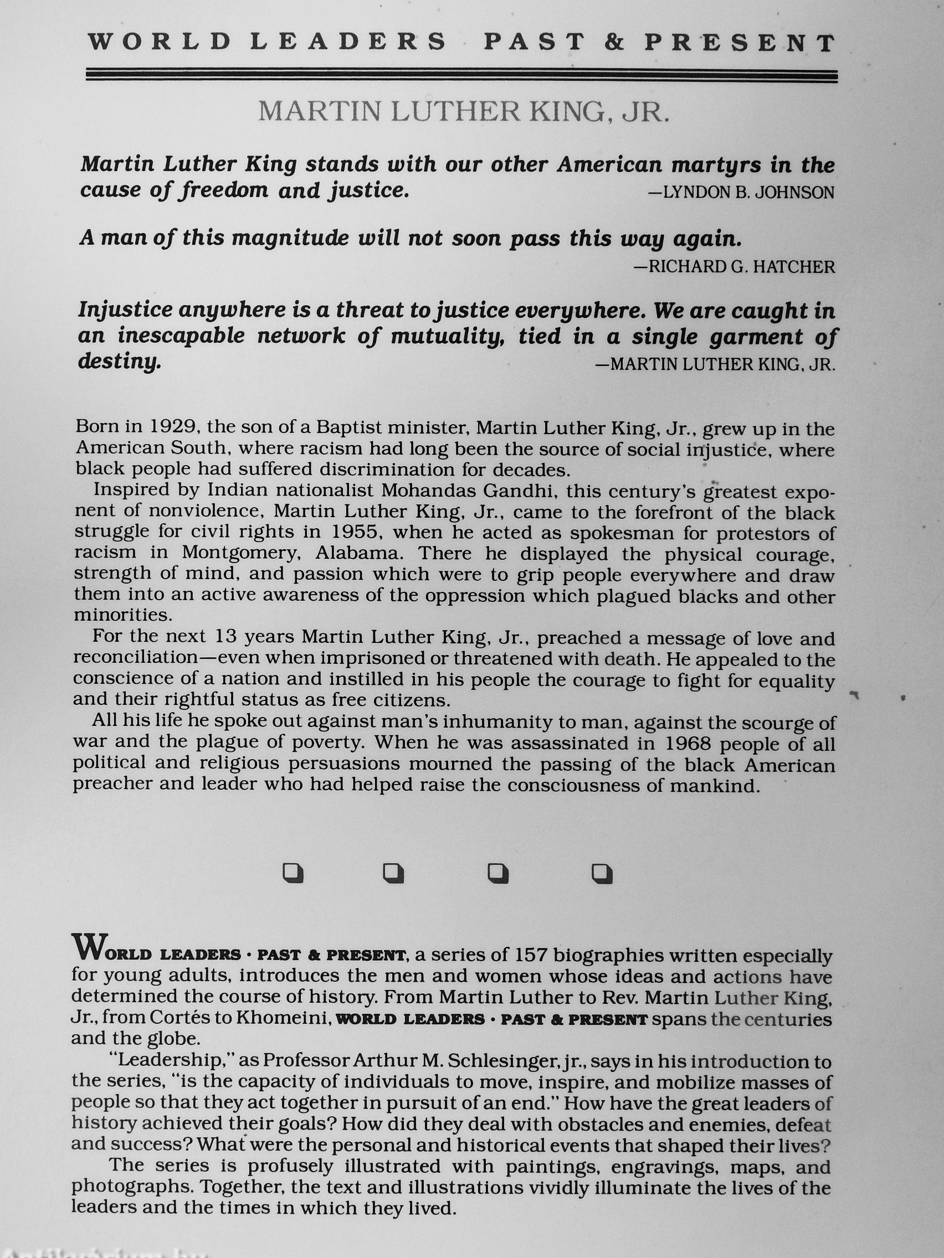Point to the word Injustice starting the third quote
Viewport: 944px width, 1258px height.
(125, 311)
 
